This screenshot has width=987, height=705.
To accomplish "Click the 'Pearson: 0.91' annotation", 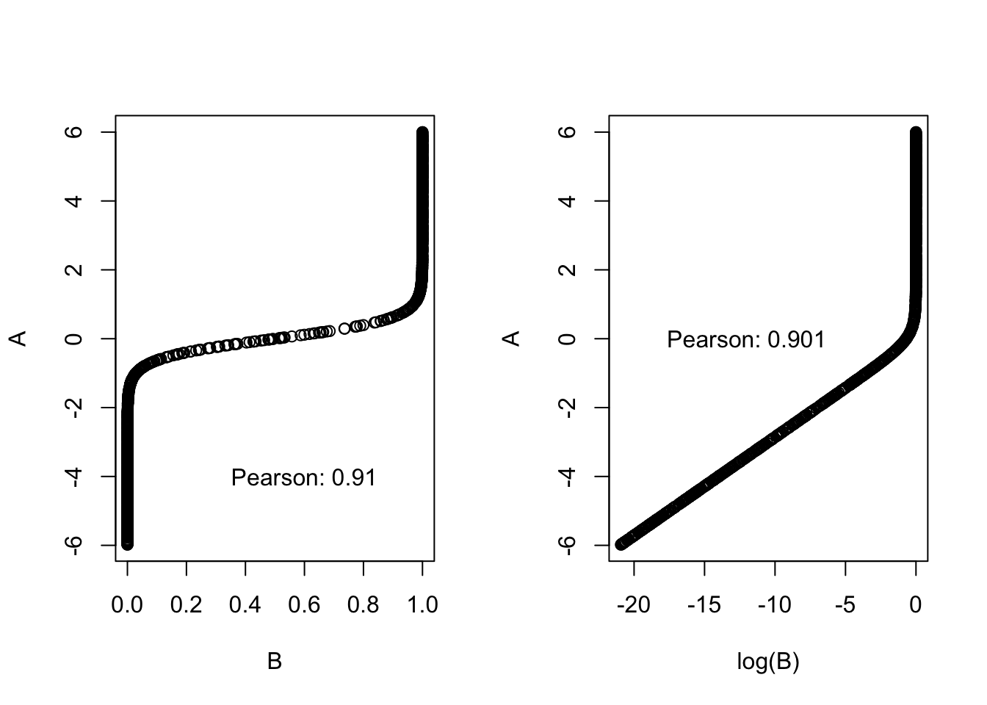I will [x=303, y=478].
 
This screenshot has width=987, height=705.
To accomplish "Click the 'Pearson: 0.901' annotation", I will [x=745, y=340].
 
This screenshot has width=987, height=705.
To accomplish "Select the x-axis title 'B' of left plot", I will [x=275, y=662].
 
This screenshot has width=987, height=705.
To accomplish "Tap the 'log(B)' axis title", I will [x=768, y=662].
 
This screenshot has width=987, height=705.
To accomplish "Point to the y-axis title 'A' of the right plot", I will [x=513, y=338].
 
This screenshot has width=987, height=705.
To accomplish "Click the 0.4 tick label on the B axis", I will [x=245, y=605].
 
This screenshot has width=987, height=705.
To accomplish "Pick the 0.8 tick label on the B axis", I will [x=364, y=605].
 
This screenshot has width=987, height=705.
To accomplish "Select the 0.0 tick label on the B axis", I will [x=127, y=605].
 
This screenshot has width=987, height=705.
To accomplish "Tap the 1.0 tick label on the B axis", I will [x=422, y=605].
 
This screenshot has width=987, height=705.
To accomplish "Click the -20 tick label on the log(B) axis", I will [x=633, y=605].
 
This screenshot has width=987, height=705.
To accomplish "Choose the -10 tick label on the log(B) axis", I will [x=774, y=605].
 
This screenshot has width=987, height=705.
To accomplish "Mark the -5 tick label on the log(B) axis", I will [x=845, y=605].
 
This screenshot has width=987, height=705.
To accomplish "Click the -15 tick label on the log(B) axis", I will [x=704, y=605].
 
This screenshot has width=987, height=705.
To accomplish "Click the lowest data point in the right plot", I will [x=621, y=544].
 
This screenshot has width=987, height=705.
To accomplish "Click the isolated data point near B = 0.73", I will [x=344, y=328].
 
